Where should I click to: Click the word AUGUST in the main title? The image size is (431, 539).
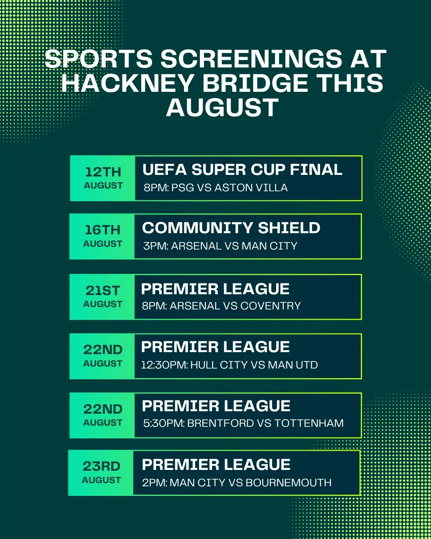click(222, 108)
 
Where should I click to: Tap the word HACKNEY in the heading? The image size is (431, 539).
click(127, 83)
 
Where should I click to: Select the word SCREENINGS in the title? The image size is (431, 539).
click(251, 59)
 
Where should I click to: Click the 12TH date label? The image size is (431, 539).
click(103, 172)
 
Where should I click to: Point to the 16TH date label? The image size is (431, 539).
click(103, 230)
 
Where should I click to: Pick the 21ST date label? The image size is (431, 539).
click(103, 291)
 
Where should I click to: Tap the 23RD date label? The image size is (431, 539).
click(101, 466)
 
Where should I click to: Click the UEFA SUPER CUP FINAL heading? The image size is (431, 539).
click(242, 170)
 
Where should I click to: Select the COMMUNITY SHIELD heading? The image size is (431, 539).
click(231, 228)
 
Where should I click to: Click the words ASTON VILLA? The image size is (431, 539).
click(251, 188)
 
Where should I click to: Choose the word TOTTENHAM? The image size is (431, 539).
click(309, 423)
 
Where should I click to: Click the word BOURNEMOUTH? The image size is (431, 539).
click(289, 483)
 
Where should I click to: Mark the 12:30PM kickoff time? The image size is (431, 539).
click(164, 365)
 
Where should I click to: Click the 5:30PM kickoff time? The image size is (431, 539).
click(164, 423)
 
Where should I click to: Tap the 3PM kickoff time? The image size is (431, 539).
click(156, 246)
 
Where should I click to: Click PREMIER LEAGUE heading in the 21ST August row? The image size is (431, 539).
click(215, 289)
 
